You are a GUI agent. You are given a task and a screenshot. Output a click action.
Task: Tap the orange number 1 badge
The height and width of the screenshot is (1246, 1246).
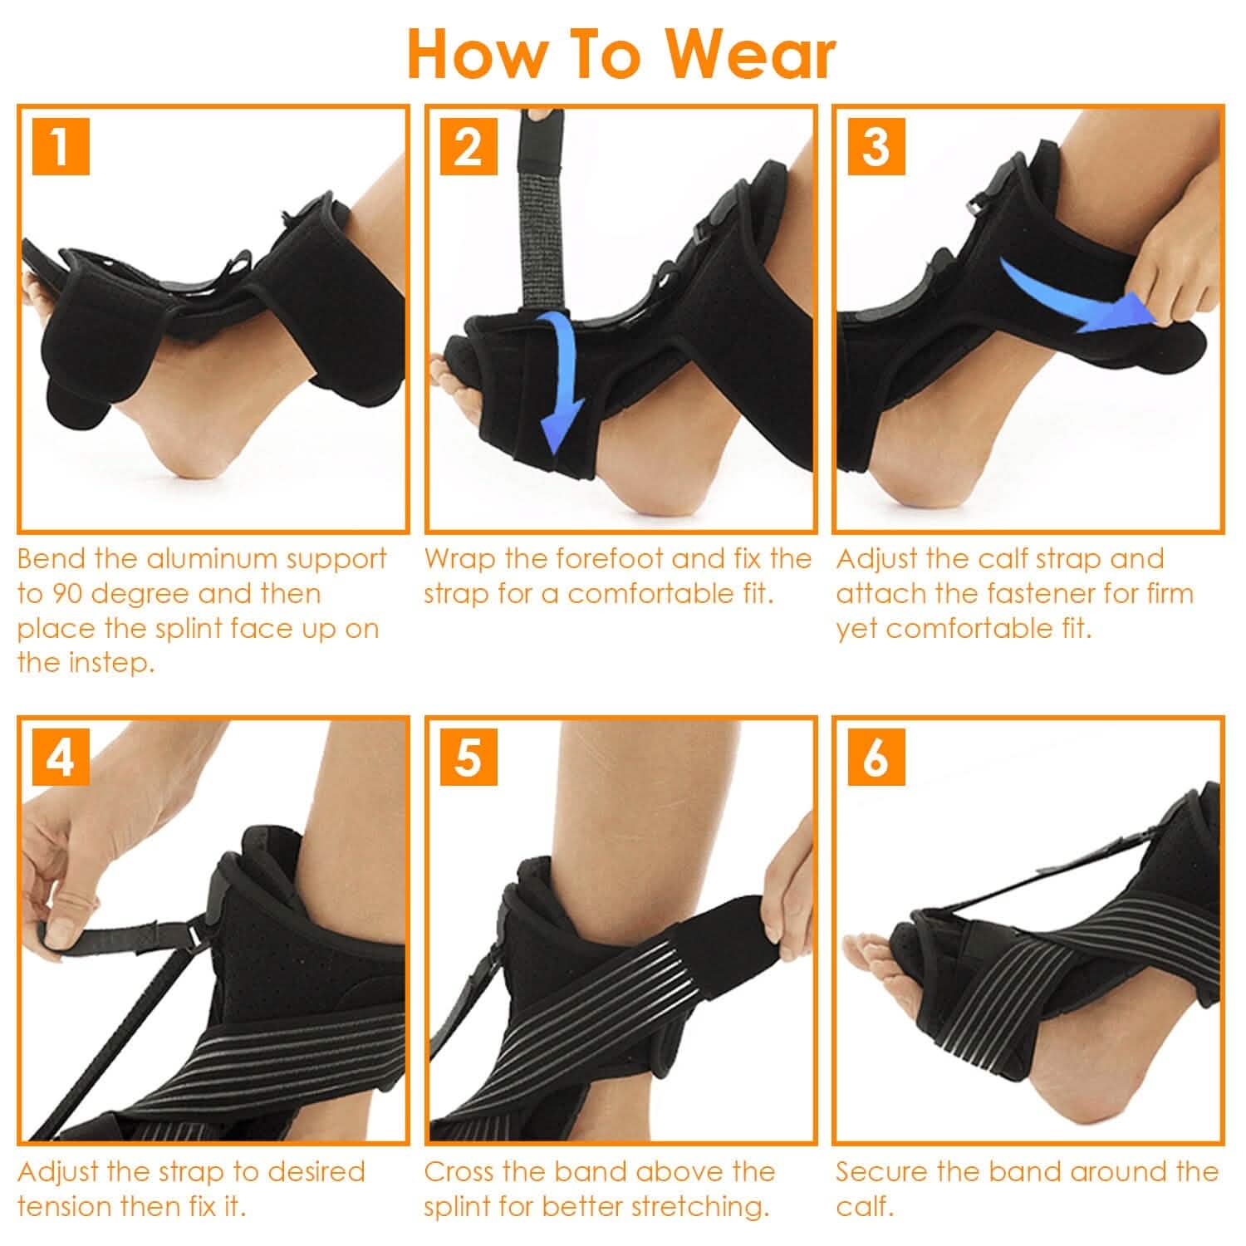click(x=61, y=147)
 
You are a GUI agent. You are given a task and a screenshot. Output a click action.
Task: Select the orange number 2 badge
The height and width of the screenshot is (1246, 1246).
click(x=468, y=147)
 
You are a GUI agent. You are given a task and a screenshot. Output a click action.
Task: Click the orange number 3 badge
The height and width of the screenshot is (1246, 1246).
click(x=876, y=147)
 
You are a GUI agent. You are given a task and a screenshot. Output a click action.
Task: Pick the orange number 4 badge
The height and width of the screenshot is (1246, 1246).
click(x=61, y=758)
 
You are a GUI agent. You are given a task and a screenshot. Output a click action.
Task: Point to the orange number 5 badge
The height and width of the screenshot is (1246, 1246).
click(x=468, y=758)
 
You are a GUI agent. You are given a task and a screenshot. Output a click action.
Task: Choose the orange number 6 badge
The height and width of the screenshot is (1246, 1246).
click(x=876, y=758)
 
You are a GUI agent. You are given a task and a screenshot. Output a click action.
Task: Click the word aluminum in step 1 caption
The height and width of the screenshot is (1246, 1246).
click(x=213, y=559)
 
